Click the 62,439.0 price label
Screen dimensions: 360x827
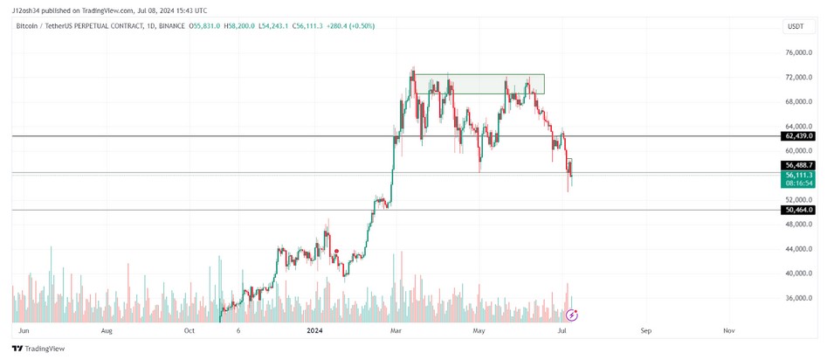click(799, 136)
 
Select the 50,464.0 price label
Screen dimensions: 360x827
click(799, 210)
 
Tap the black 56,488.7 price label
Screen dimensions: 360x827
click(799, 165)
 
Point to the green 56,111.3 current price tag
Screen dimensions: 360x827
click(799, 175)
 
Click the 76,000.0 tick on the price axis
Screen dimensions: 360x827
click(799, 53)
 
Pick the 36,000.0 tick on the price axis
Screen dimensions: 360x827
click(799, 298)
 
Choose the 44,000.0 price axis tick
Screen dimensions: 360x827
click(799, 249)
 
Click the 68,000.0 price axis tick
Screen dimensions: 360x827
click(799, 102)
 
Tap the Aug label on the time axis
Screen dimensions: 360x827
click(107, 331)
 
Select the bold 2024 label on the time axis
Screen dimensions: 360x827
click(315, 331)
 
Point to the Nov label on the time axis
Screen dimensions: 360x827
click(728, 331)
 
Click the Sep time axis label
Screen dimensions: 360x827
click(645, 331)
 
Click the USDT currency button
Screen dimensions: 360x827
click(796, 27)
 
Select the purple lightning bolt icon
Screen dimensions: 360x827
click(572, 315)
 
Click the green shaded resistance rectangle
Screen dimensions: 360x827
click(479, 84)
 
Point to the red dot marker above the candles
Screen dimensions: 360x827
click(337, 251)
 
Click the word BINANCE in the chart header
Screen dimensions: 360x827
click(173, 26)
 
